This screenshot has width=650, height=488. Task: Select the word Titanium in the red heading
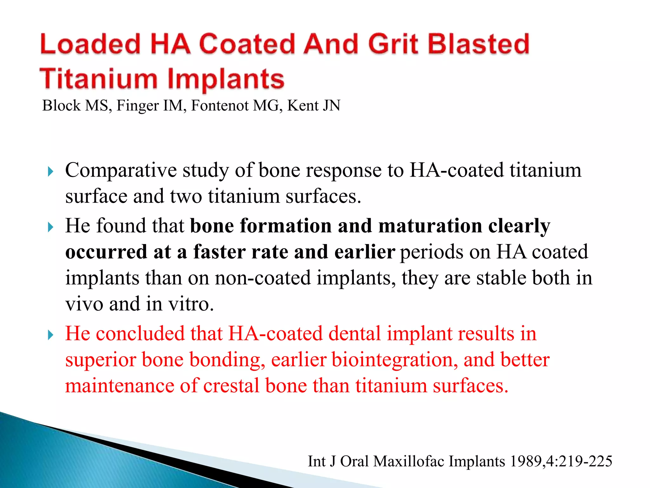click(99, 78)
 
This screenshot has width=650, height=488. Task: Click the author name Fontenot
click(220, 105)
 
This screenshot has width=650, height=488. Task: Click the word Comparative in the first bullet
click(121, 171)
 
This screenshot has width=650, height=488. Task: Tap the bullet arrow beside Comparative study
click(50, 172)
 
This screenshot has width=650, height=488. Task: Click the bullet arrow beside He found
click(50, 227)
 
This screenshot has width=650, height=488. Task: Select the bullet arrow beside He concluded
click(50, 335)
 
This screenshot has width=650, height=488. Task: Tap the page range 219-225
click(585, 461)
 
